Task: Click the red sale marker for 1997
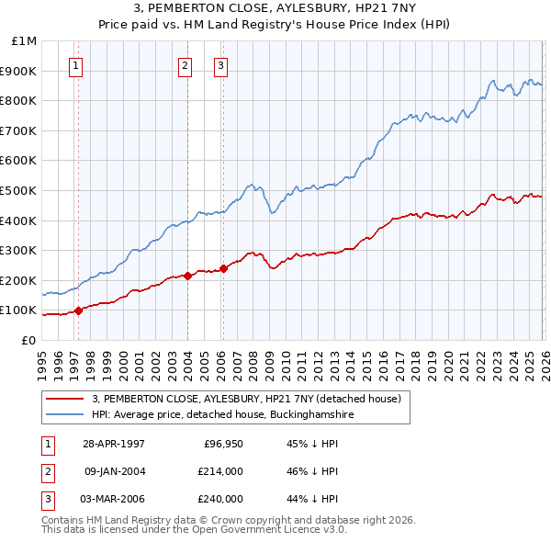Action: [78, 311]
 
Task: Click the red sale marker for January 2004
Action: [187, 276]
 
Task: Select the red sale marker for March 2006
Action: [223, 268]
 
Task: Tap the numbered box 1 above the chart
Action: [74, 65]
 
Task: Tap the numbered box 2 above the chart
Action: [185, 65]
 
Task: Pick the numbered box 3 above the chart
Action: [221, 65]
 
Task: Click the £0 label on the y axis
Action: [28, 340]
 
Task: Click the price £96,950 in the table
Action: [220, 443]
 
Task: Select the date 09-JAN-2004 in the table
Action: [115, 471]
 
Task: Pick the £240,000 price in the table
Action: [220, 499]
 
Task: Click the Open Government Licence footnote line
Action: [195, 530]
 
